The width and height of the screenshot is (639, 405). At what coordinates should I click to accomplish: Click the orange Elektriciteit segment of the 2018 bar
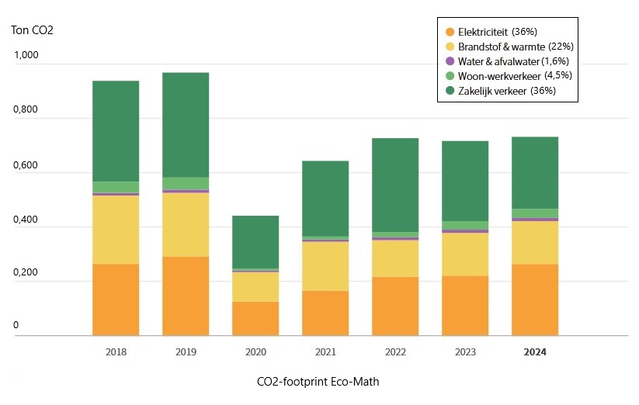click(x=116, y=299)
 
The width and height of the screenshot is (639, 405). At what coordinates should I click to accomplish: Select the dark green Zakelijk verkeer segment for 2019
click(x=186, y=124)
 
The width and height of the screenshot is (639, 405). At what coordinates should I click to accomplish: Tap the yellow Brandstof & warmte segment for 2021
click(x=325, y=266)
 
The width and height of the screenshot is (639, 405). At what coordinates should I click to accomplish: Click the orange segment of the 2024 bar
click(x=535, y=299)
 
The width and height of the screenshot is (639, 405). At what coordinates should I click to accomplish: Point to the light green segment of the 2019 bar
click(x=186, y=183)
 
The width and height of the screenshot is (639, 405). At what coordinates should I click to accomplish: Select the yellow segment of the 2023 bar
click(x=465, y=254)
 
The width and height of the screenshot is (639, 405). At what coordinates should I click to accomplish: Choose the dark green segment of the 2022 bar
click(x=395, y=185)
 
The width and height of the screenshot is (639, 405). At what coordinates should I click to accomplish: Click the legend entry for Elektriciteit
click(x=482, y=32)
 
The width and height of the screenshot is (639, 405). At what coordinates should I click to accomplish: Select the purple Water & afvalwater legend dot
click(x=449, y=61)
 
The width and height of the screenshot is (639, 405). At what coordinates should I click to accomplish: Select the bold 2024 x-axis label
click(x=535, y=351)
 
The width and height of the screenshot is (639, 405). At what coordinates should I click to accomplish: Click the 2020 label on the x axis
click(x=255, y=351)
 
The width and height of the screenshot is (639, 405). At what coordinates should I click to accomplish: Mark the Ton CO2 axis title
click(x=32, y=31)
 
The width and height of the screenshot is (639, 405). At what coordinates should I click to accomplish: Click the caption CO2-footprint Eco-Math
click(x=318, y=382)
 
